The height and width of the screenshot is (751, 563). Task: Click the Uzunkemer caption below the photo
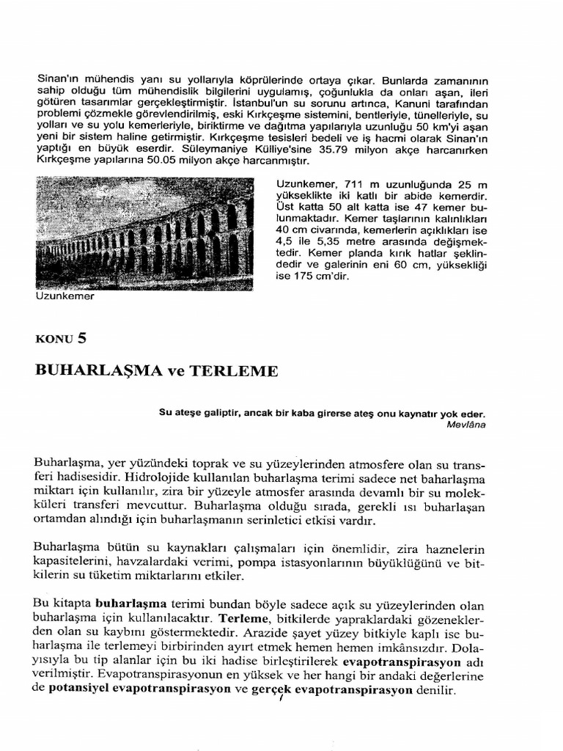tap(65, 297)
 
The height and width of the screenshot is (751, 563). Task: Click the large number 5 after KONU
tap(82, 338)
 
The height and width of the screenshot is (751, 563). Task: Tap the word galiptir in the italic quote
tap(221, 413)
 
